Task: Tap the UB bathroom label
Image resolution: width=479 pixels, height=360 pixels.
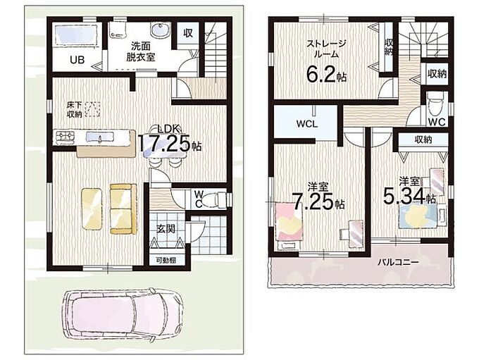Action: (77, 60)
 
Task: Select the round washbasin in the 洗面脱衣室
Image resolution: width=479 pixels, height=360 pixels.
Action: (159, 30)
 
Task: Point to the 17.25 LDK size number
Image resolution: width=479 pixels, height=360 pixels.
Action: (166, 143)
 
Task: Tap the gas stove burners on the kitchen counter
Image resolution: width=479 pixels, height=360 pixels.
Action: (64, 137)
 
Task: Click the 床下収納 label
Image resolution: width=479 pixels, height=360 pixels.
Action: (74, 110)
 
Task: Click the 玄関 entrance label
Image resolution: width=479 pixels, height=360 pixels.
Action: (166, 228)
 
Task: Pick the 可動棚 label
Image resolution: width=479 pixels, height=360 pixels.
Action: (166, 261)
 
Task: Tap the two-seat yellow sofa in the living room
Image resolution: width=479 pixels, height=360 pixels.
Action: (123, 209)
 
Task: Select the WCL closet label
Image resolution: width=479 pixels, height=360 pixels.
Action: (306, 124)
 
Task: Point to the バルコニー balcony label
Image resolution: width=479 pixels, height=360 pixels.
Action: (398, 262)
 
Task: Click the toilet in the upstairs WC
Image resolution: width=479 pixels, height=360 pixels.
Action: (435, 106)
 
